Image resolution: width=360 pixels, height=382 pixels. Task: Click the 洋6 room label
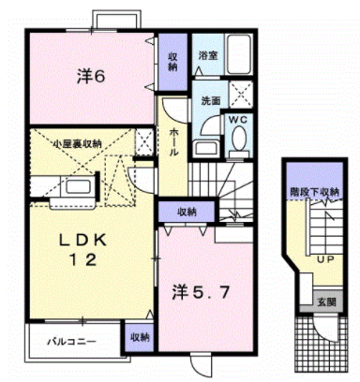pos(91,77)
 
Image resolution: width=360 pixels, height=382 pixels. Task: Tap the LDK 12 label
pos(83,250)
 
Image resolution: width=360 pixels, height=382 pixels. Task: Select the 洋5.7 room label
pos(202,293)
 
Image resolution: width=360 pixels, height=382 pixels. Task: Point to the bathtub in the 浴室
pos(239,54)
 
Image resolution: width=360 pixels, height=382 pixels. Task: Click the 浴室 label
pos(208,55)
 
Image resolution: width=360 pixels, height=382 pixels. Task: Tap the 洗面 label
pos(210,100)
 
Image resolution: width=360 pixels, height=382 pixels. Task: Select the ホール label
pos(174,142)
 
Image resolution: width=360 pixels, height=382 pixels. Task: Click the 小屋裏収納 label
pos(77,143)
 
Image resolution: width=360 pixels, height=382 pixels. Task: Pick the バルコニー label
pos(71,342)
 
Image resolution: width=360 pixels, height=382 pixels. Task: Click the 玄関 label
pos(326,302)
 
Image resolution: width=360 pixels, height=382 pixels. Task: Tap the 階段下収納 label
pos(315,192)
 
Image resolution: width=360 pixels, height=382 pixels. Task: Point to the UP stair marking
pos(326,259)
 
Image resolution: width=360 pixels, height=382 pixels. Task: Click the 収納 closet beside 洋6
pos(172,62)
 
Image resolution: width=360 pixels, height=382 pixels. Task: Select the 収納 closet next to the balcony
pos(140,338)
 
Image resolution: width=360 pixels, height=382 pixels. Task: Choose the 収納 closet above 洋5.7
pos(187,212)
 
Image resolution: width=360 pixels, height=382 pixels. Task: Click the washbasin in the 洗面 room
pos(205,148)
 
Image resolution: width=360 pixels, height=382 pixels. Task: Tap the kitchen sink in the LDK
pos(78,186)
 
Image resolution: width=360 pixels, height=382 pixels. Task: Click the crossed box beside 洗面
pos(241,95)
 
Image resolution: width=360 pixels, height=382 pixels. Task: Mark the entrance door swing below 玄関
pos(326,329)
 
